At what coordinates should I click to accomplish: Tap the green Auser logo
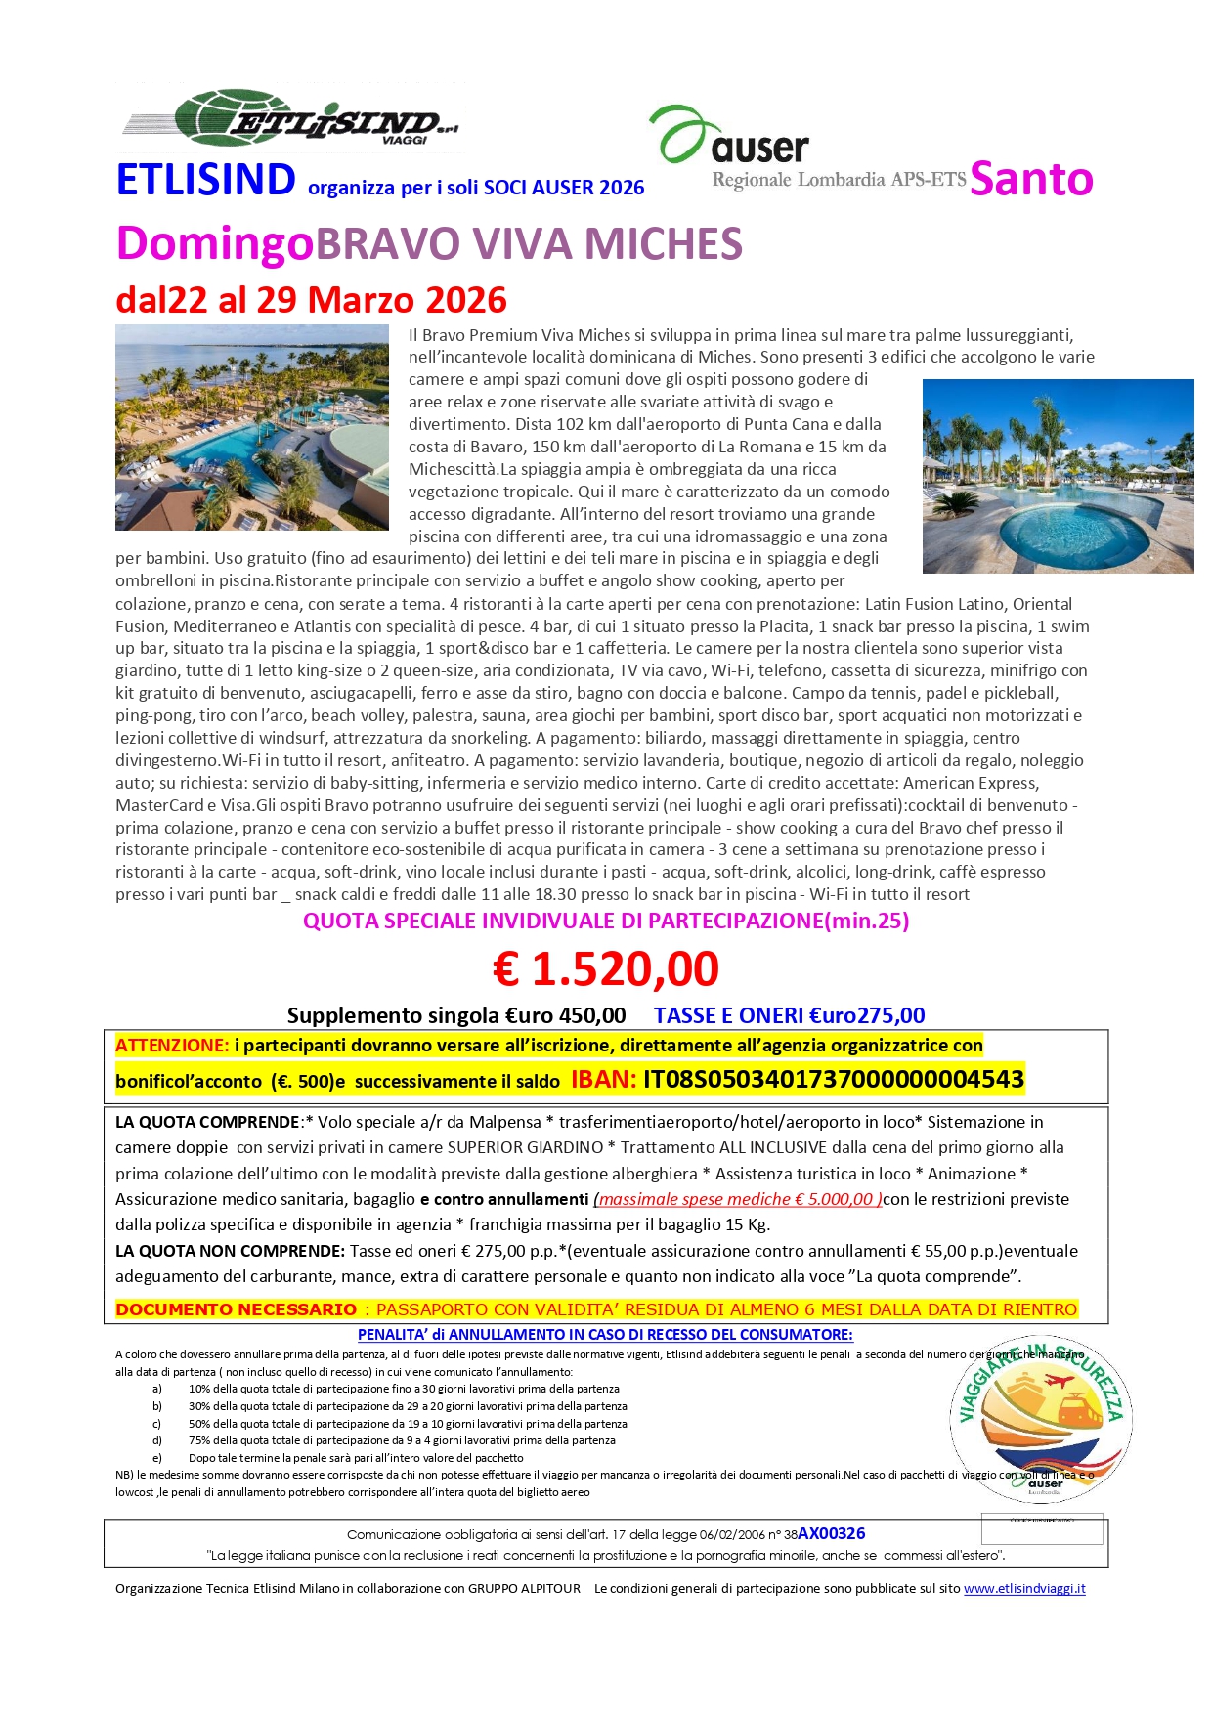[x=730, y=136]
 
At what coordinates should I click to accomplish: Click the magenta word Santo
[x=1031, y=179]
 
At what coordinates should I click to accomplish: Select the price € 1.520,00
[x=606, y=968]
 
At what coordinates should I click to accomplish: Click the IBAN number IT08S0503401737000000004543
[x=833, y=1079]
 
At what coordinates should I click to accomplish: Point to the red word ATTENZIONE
[x=172, y=1045]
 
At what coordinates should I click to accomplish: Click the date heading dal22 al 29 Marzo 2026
[x=312, y=299]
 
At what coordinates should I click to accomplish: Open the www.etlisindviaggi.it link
[x=1024, y=1588]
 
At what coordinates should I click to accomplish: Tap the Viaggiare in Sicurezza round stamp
[x=1041, y=1419]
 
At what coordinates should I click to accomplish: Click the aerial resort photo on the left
[x=252, y=427]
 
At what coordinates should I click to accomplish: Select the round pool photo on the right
[x=1058, y=476]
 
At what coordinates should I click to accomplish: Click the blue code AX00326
[x=831, y=1533]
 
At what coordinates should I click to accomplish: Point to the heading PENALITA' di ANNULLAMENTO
[x=605, y=1334]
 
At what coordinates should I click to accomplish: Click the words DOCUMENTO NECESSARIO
[x=236, y=1308]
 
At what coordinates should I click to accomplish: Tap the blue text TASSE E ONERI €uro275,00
[x=789, y=1015]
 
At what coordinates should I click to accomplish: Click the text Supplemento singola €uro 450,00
[x=456, y=1015]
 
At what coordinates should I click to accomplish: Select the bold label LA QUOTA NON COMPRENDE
[x=230, y=1250]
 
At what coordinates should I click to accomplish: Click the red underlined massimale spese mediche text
[x=738, y=1199]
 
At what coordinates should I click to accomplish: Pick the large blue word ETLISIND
[x=206, y=180]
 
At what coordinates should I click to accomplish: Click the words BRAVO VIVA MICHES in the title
[x=529, y=243]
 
